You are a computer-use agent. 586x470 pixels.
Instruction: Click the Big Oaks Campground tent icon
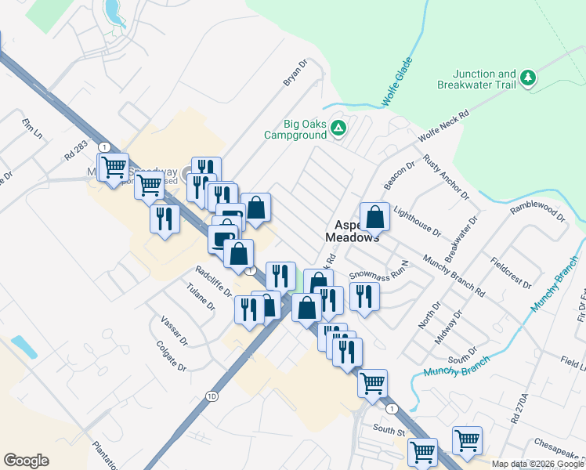pos(338,128)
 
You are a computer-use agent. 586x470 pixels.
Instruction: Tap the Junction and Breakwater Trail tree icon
pos(528,78)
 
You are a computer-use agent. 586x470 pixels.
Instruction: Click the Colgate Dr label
pos(171,356)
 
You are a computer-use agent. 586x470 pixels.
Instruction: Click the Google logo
pos(27,461)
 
